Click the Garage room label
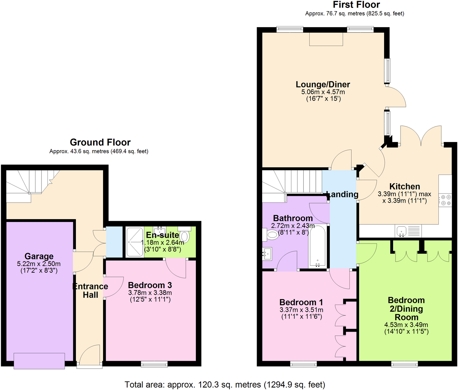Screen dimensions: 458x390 (x=39, y=256)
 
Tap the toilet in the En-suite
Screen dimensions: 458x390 (x=185, y=236)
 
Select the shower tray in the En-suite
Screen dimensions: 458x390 (x=135, y=242)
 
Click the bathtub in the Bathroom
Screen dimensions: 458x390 (x=317, y=246)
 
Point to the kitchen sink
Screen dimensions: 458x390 (x=402, y=231)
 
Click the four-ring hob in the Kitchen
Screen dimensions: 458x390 (x=446, y=200)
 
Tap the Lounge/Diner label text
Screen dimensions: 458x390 (x=323, y=84)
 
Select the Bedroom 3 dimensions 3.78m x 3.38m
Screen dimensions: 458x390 (x=150, y=293)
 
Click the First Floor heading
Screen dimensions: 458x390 (x=356, y=5)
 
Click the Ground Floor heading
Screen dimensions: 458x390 (x=100, y=142)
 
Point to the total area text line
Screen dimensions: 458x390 (x=225, y=385)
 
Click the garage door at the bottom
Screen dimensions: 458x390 (x=39, y=361)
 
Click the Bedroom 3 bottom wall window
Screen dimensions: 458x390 (x=154, y=364)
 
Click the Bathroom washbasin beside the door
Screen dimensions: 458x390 (x=267, y=254)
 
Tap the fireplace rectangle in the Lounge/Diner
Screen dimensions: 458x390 (x=326, y=39)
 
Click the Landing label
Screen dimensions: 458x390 (x=342, y=194)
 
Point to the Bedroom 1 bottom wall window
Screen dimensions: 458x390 (x=303, y=364)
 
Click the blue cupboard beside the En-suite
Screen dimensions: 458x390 (x=114, y=242)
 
